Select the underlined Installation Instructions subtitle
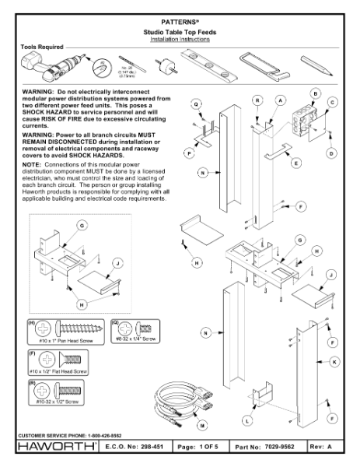180,38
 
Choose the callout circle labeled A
280,100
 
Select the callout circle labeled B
315,92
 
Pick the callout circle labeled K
335,361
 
